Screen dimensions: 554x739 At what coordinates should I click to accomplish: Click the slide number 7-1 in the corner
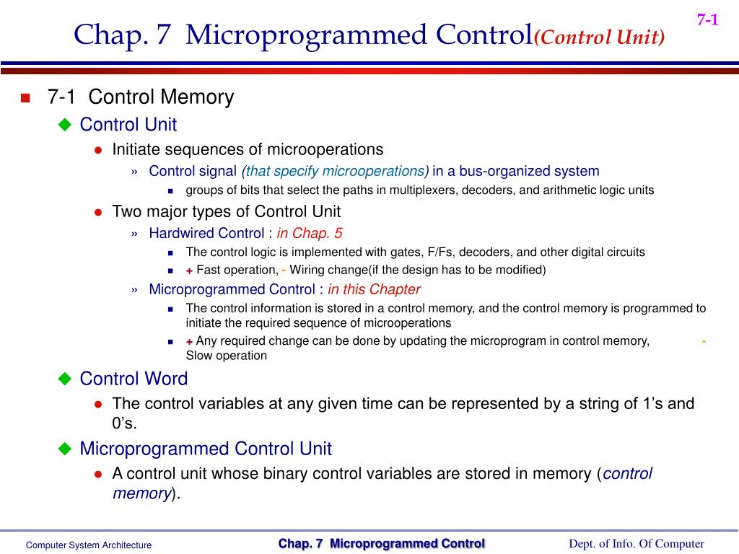point(707,20)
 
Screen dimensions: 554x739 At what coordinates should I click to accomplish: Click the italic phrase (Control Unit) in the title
point(599,37)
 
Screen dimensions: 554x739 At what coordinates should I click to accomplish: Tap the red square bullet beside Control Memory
point(26,99)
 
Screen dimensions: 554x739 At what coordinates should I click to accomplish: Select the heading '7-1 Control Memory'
point(141,97)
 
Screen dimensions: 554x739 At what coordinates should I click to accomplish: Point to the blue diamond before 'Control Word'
point(65,379)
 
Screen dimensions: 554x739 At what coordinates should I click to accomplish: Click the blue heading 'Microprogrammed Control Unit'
point(206,449)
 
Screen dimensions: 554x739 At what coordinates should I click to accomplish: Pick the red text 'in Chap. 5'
point(310,233)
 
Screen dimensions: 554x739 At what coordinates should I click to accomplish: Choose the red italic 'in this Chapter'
point(374,289)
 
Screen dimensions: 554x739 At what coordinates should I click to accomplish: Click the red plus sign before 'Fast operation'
point(189,271)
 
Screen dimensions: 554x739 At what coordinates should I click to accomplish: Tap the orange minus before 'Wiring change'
point(284,270)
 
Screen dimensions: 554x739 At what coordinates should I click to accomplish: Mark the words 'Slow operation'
point(227,356)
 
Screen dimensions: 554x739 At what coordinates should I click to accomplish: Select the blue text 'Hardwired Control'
point(206,233)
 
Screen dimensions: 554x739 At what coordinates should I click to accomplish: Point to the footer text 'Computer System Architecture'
point(89,545)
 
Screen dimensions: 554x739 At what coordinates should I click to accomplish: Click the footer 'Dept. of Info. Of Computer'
point(636,544)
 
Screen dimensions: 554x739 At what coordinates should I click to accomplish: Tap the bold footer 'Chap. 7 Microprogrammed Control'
point(382,544)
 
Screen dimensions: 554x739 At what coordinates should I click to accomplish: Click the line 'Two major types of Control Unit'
point(227,211)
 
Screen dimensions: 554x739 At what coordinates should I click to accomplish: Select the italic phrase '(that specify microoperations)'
point(336,171)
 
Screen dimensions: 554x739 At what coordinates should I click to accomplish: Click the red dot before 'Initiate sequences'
point(98,150)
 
